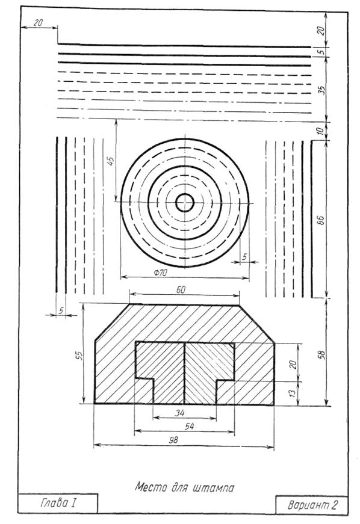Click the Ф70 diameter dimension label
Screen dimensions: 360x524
point(161,273)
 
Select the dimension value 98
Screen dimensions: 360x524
point(173,440)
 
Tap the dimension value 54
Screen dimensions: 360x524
point(189,426)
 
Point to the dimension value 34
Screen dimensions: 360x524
point(180,413)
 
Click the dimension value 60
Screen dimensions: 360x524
point(181,289)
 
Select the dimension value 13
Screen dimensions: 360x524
point(293,393)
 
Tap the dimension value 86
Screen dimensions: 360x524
point(320,221)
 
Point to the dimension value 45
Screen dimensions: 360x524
point(111,161)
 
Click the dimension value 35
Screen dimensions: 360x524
point(321,90)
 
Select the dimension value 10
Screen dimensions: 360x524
point(320,130)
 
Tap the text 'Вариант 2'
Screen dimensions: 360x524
point(312,505)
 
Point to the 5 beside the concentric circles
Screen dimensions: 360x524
point(244,257)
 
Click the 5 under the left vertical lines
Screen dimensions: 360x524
point(61,310)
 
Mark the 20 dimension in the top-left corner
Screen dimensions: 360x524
point(39,23)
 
